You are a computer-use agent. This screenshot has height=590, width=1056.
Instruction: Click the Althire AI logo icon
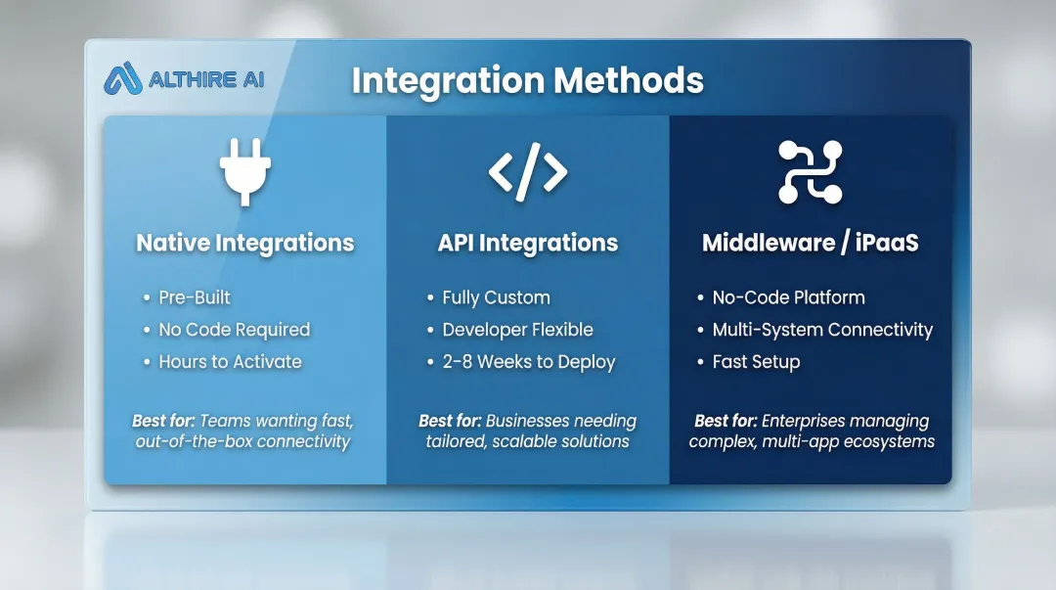(x=122, y=79)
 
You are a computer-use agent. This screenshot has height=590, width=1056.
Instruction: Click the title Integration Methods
(x=527, y=80)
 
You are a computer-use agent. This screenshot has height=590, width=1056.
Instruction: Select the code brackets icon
(x=528, y=171)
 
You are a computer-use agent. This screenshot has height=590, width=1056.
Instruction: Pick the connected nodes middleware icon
(x=810, y=172)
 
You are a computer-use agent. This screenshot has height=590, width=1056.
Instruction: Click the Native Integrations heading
(x=244, y=243)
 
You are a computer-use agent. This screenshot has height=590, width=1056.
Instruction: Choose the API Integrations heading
(x=528, y=243)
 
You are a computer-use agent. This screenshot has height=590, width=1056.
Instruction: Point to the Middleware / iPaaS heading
(x=810, y=243)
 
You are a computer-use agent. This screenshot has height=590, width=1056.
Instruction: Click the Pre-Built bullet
(x=195, y=297)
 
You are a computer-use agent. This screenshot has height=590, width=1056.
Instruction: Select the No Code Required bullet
(x=234, y=330)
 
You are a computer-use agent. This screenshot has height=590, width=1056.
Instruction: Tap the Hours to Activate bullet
(x=230, y=362)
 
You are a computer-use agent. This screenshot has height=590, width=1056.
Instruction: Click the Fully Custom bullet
(x=496, y=297)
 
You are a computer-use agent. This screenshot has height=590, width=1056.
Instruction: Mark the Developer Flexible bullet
(x=517, y=330)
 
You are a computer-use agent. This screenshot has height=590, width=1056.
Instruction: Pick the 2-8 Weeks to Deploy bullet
(x=528, y=362)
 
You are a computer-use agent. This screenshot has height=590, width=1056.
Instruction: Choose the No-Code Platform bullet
(x=788, y=297)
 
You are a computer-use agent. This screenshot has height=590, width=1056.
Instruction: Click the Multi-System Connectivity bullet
(x=822, y=330)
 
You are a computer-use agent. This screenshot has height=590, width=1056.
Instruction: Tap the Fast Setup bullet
(x=756, y=362)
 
